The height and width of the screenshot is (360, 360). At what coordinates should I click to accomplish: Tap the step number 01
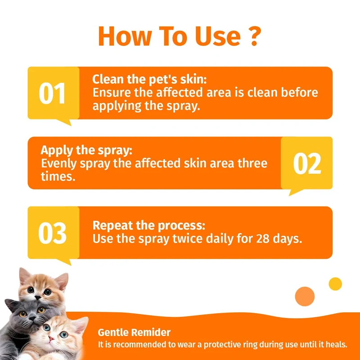(52, 93)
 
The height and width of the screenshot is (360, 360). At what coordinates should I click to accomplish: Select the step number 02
(307, 163)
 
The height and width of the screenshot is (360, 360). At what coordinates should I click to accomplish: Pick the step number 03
(52, 233)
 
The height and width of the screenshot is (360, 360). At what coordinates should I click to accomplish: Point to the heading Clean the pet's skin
(149, 80)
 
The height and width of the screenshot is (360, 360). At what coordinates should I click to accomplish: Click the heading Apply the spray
(86, 151)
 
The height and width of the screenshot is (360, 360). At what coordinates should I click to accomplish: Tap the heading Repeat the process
(149, 225)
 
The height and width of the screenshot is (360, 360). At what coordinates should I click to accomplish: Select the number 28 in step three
(263, 239)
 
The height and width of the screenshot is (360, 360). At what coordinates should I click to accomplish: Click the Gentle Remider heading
(134, 333)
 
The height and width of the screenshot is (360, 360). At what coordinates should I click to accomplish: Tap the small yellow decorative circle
(335, 284)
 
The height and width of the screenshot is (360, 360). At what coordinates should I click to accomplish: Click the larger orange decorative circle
(305, 297)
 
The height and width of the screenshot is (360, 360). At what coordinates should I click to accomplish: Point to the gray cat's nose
(32, 318)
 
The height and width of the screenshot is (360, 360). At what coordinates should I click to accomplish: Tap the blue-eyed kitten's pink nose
(51, 338)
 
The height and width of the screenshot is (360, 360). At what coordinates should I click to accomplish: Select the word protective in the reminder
(230, 345)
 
